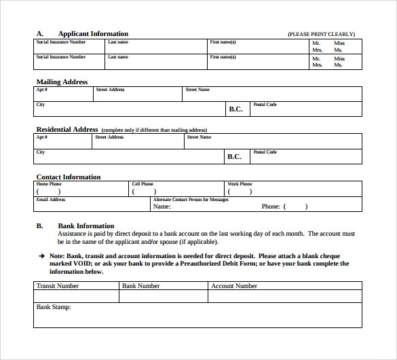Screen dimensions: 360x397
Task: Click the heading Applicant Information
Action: click(93, 34)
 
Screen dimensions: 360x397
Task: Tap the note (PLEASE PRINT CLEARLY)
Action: click(321, 34)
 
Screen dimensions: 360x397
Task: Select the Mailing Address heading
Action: click(62, 82)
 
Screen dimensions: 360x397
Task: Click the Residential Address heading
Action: click(67, 129)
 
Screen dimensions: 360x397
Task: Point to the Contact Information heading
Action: click(68, 177)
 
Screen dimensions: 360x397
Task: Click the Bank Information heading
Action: click(86, 226)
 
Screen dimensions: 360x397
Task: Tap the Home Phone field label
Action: click(49, 184)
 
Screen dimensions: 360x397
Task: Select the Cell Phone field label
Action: click(143, 184)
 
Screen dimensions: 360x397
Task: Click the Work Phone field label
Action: click(240, 184)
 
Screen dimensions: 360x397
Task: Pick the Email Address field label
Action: click(51, 200)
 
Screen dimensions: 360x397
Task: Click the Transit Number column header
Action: click(58, 286)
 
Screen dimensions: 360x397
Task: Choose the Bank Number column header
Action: click(141, 286)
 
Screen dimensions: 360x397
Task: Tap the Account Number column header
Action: click(234, 286)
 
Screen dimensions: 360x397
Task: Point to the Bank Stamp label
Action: click(54, 307)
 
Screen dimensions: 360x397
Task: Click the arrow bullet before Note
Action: click(42, 255)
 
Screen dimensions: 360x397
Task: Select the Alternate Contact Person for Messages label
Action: click(191, 200)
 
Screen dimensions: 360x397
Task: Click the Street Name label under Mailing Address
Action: click(197, 90)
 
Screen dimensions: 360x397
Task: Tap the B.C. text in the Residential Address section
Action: click(234, 156)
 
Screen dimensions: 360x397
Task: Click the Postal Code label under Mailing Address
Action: click(265, 105)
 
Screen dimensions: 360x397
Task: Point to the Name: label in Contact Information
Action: click(162, 206)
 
